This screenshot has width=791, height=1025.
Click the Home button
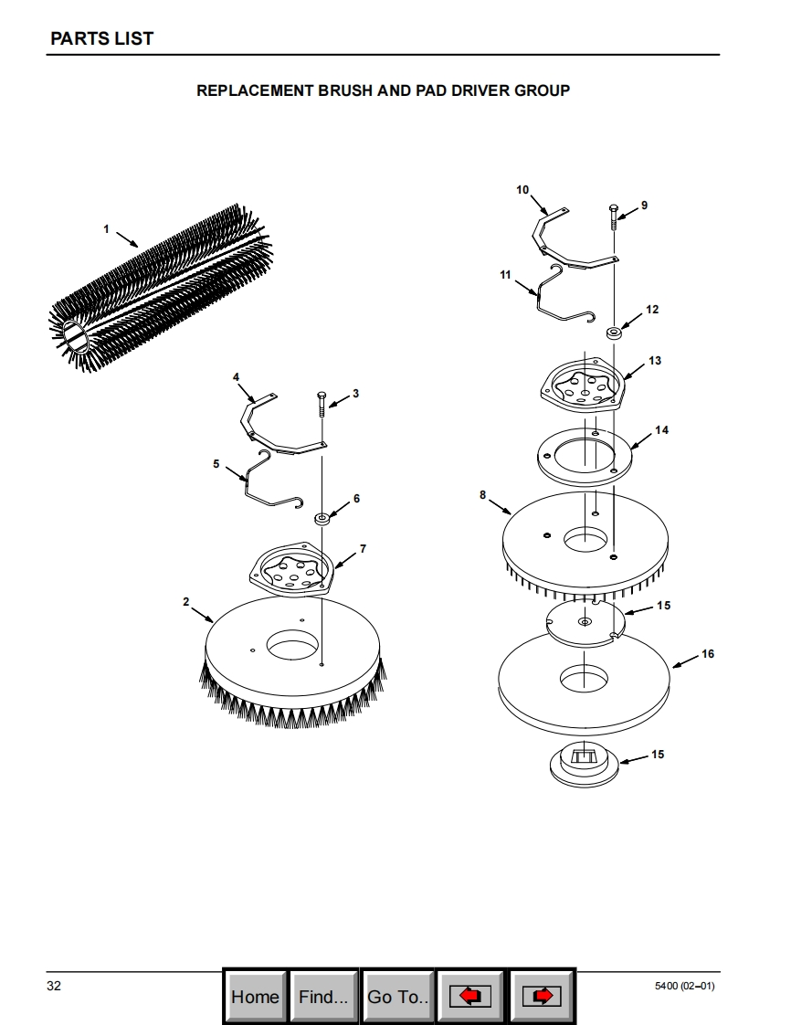pyautogui.click(x=255, y=997)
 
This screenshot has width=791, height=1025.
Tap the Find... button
pyautogui.click(x=323, y=997)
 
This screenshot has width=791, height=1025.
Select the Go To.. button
pyautogui.click(x=397, y=997)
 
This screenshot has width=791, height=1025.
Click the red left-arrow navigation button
pyautogui.click(x=469, y=997)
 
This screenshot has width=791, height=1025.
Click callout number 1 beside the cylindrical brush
pyautogui.click(x=106, y=229)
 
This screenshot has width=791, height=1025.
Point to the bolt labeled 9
pyautogui.click(x=613, y=217)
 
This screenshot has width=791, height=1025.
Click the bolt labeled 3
pyautogui.click(x=322, y=405)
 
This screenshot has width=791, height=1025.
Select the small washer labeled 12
pyautogui.click(x=614, y=333)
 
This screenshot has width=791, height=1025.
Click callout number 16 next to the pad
pyautogui.click(x=708, y=654)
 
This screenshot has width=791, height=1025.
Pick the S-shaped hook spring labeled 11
pyautogui.click(x=564, y=295)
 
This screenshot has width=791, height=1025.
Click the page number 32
pyautogui.click(x=54, y=986)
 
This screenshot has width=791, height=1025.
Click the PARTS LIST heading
pyautogui.click(x=102, y=38)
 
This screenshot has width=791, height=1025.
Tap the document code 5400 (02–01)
pyautogui.click(x=684, y=986)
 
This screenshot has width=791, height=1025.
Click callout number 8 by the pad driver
pyautogui.click(x=482, y=495)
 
